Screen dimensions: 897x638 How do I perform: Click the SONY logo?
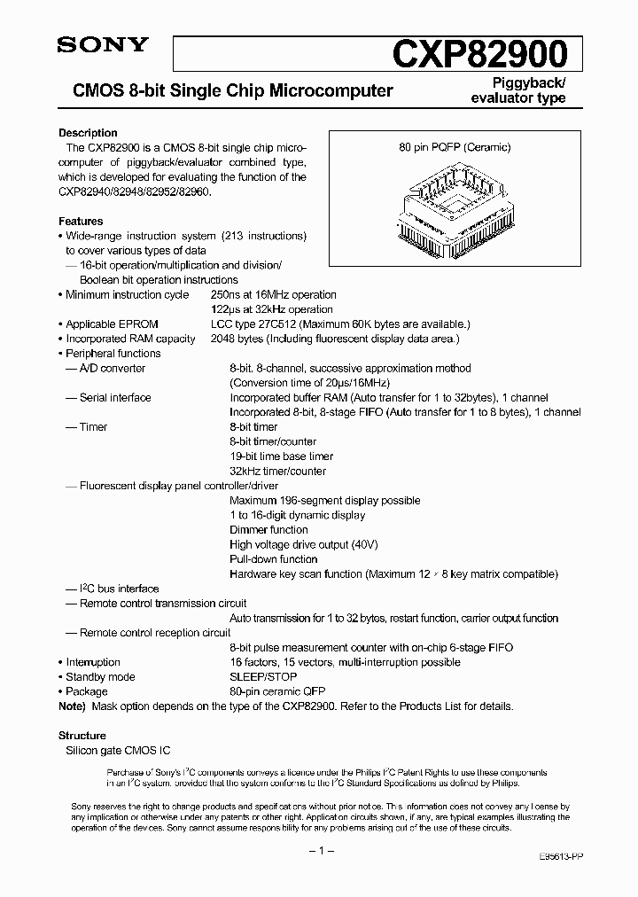coord(103,46)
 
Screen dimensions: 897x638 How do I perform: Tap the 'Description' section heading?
coord(88,133)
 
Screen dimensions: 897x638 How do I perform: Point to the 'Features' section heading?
coord(81,222)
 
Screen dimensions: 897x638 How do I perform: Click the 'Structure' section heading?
coord(82,736)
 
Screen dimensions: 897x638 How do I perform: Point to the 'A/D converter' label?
coord(112,368)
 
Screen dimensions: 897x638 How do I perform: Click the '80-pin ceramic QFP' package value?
coord(275,691)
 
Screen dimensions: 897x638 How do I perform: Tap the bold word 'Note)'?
coord(73,706)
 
